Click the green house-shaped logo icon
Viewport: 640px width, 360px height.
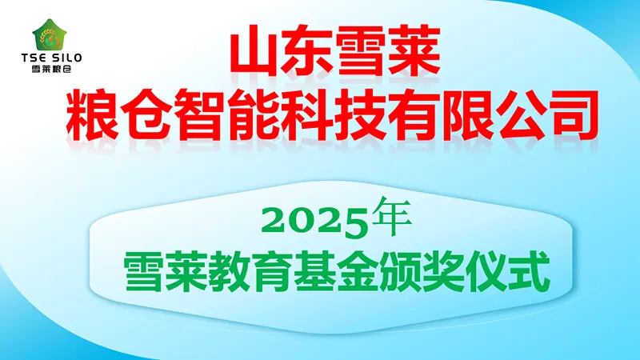coord(50,34)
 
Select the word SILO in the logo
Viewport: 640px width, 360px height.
coord(67,58)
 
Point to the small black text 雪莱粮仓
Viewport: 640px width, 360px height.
coord(51,69)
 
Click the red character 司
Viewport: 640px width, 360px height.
coord(572,115)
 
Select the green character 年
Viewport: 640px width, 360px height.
coord(392,217)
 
